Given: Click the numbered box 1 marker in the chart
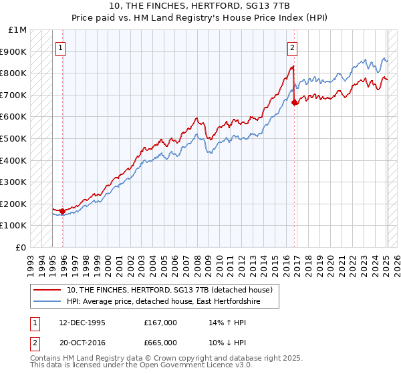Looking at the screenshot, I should [60, 47].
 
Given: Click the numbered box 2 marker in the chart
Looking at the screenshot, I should [293, 47].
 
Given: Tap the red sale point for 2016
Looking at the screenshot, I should [295, 102].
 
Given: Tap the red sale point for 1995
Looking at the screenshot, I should [63, 211].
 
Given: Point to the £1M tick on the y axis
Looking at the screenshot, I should [18, 30].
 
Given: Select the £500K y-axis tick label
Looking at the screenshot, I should [14, 139].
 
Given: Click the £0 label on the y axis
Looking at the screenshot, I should [21, 248].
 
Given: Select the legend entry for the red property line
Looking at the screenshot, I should [169, 290].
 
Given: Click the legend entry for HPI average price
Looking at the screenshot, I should [163, 302].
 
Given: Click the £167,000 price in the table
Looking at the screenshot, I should [160, 322].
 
